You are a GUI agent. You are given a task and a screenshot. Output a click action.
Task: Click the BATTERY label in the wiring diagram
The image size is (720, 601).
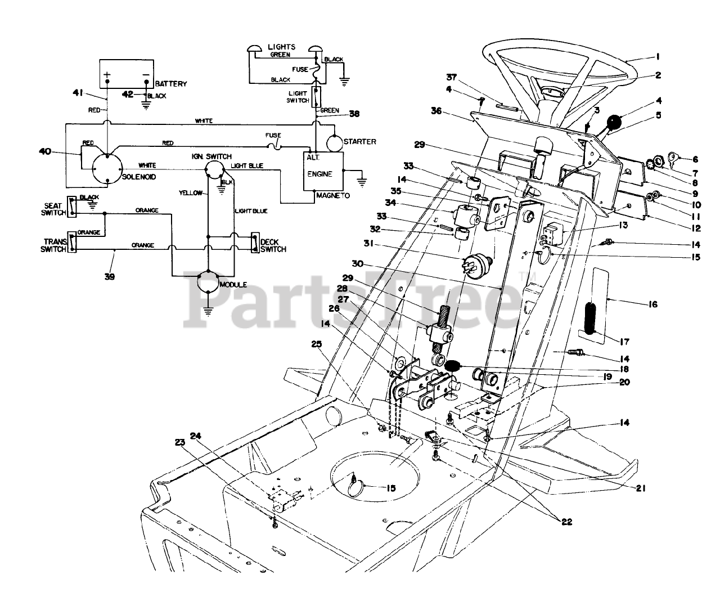pos(171,84)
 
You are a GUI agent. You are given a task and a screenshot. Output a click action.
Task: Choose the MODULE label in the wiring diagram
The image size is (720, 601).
pos(233,285)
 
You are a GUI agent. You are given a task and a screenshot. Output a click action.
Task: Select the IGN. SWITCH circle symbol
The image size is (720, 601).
pos(214,169)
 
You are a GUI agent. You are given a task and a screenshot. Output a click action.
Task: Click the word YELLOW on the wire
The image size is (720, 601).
pos(191,193)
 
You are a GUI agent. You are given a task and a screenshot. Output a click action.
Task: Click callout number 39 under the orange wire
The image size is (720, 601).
pos(110,276)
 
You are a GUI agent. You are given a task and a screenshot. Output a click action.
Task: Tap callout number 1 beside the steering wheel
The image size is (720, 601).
pos(657,56)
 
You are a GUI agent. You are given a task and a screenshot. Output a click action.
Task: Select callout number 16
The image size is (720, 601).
pos(652,304)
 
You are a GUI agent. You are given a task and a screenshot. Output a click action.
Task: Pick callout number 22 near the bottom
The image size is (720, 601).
pos(566,522)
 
